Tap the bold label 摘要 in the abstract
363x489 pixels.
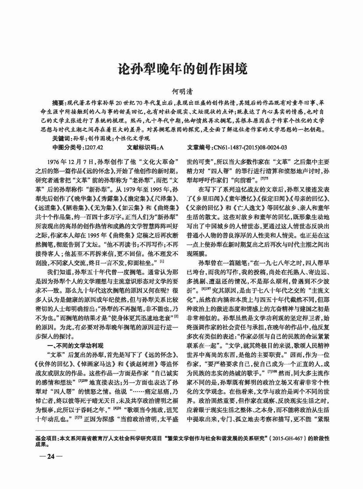[58, 101]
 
